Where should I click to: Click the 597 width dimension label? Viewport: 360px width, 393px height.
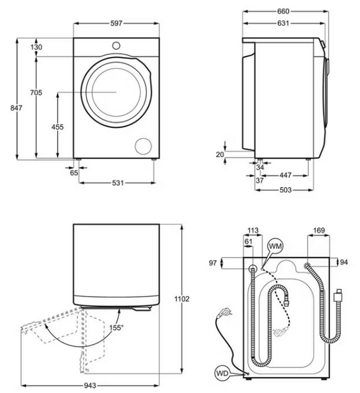117,24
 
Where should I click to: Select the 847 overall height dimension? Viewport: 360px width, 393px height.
16,108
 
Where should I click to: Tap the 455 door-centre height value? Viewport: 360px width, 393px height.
58,127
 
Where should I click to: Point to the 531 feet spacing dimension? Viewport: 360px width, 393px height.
118,183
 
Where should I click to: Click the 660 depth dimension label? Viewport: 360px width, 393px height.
283,11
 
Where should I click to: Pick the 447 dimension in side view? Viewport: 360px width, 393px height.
285,175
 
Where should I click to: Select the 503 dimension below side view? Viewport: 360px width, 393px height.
286,190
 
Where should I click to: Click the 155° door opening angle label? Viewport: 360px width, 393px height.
117,327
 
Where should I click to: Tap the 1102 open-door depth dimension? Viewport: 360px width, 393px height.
182,299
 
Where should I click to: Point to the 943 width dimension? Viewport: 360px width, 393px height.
90,386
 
